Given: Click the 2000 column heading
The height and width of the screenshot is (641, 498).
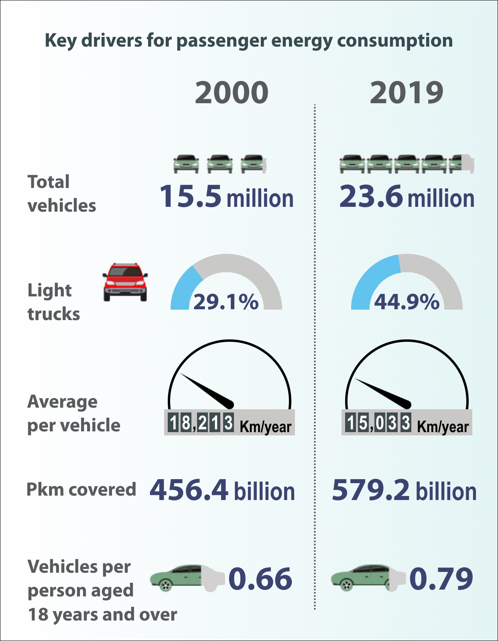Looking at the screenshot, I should [232, 92].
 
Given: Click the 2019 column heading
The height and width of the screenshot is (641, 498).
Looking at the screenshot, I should [406, 92].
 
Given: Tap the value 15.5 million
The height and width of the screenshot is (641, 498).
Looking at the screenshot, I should [226, 197].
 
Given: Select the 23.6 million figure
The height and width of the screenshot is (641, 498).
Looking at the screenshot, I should [407, 197].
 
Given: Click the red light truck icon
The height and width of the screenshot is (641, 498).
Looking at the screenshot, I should [125, 282].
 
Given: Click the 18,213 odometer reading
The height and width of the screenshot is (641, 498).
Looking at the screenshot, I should [201, 423].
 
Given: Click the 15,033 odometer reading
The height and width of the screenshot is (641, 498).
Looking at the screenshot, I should [378, 423].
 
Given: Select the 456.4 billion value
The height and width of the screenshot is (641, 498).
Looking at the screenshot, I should [222, 490].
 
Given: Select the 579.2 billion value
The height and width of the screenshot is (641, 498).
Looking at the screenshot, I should [404, 490].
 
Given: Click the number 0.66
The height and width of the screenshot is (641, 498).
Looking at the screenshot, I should [260, 579].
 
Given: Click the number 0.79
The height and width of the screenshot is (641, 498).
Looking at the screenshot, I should [441, 579].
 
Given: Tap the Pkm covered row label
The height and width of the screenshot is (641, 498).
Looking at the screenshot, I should [81, 490].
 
